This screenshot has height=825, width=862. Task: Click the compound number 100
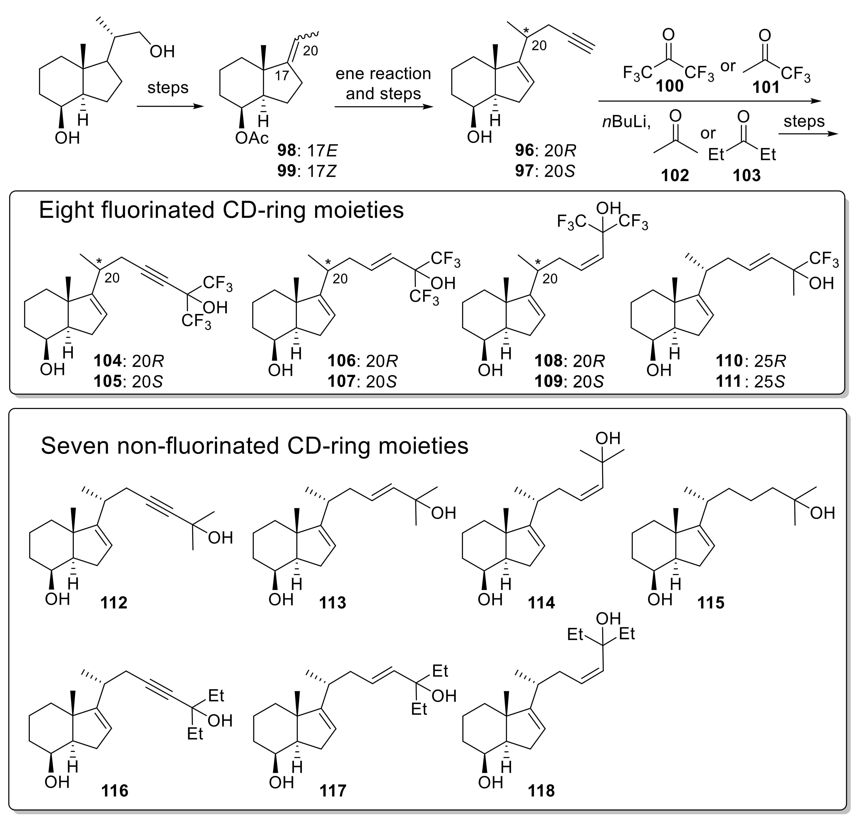pos(670,87)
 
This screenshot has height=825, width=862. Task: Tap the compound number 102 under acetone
pos(675,175)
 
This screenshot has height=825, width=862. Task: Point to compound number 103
pos(746,175)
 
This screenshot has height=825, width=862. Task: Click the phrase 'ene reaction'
pos(383,74)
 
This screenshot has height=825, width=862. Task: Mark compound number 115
pos(711,602)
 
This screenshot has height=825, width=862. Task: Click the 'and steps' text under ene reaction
pos(383,94)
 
